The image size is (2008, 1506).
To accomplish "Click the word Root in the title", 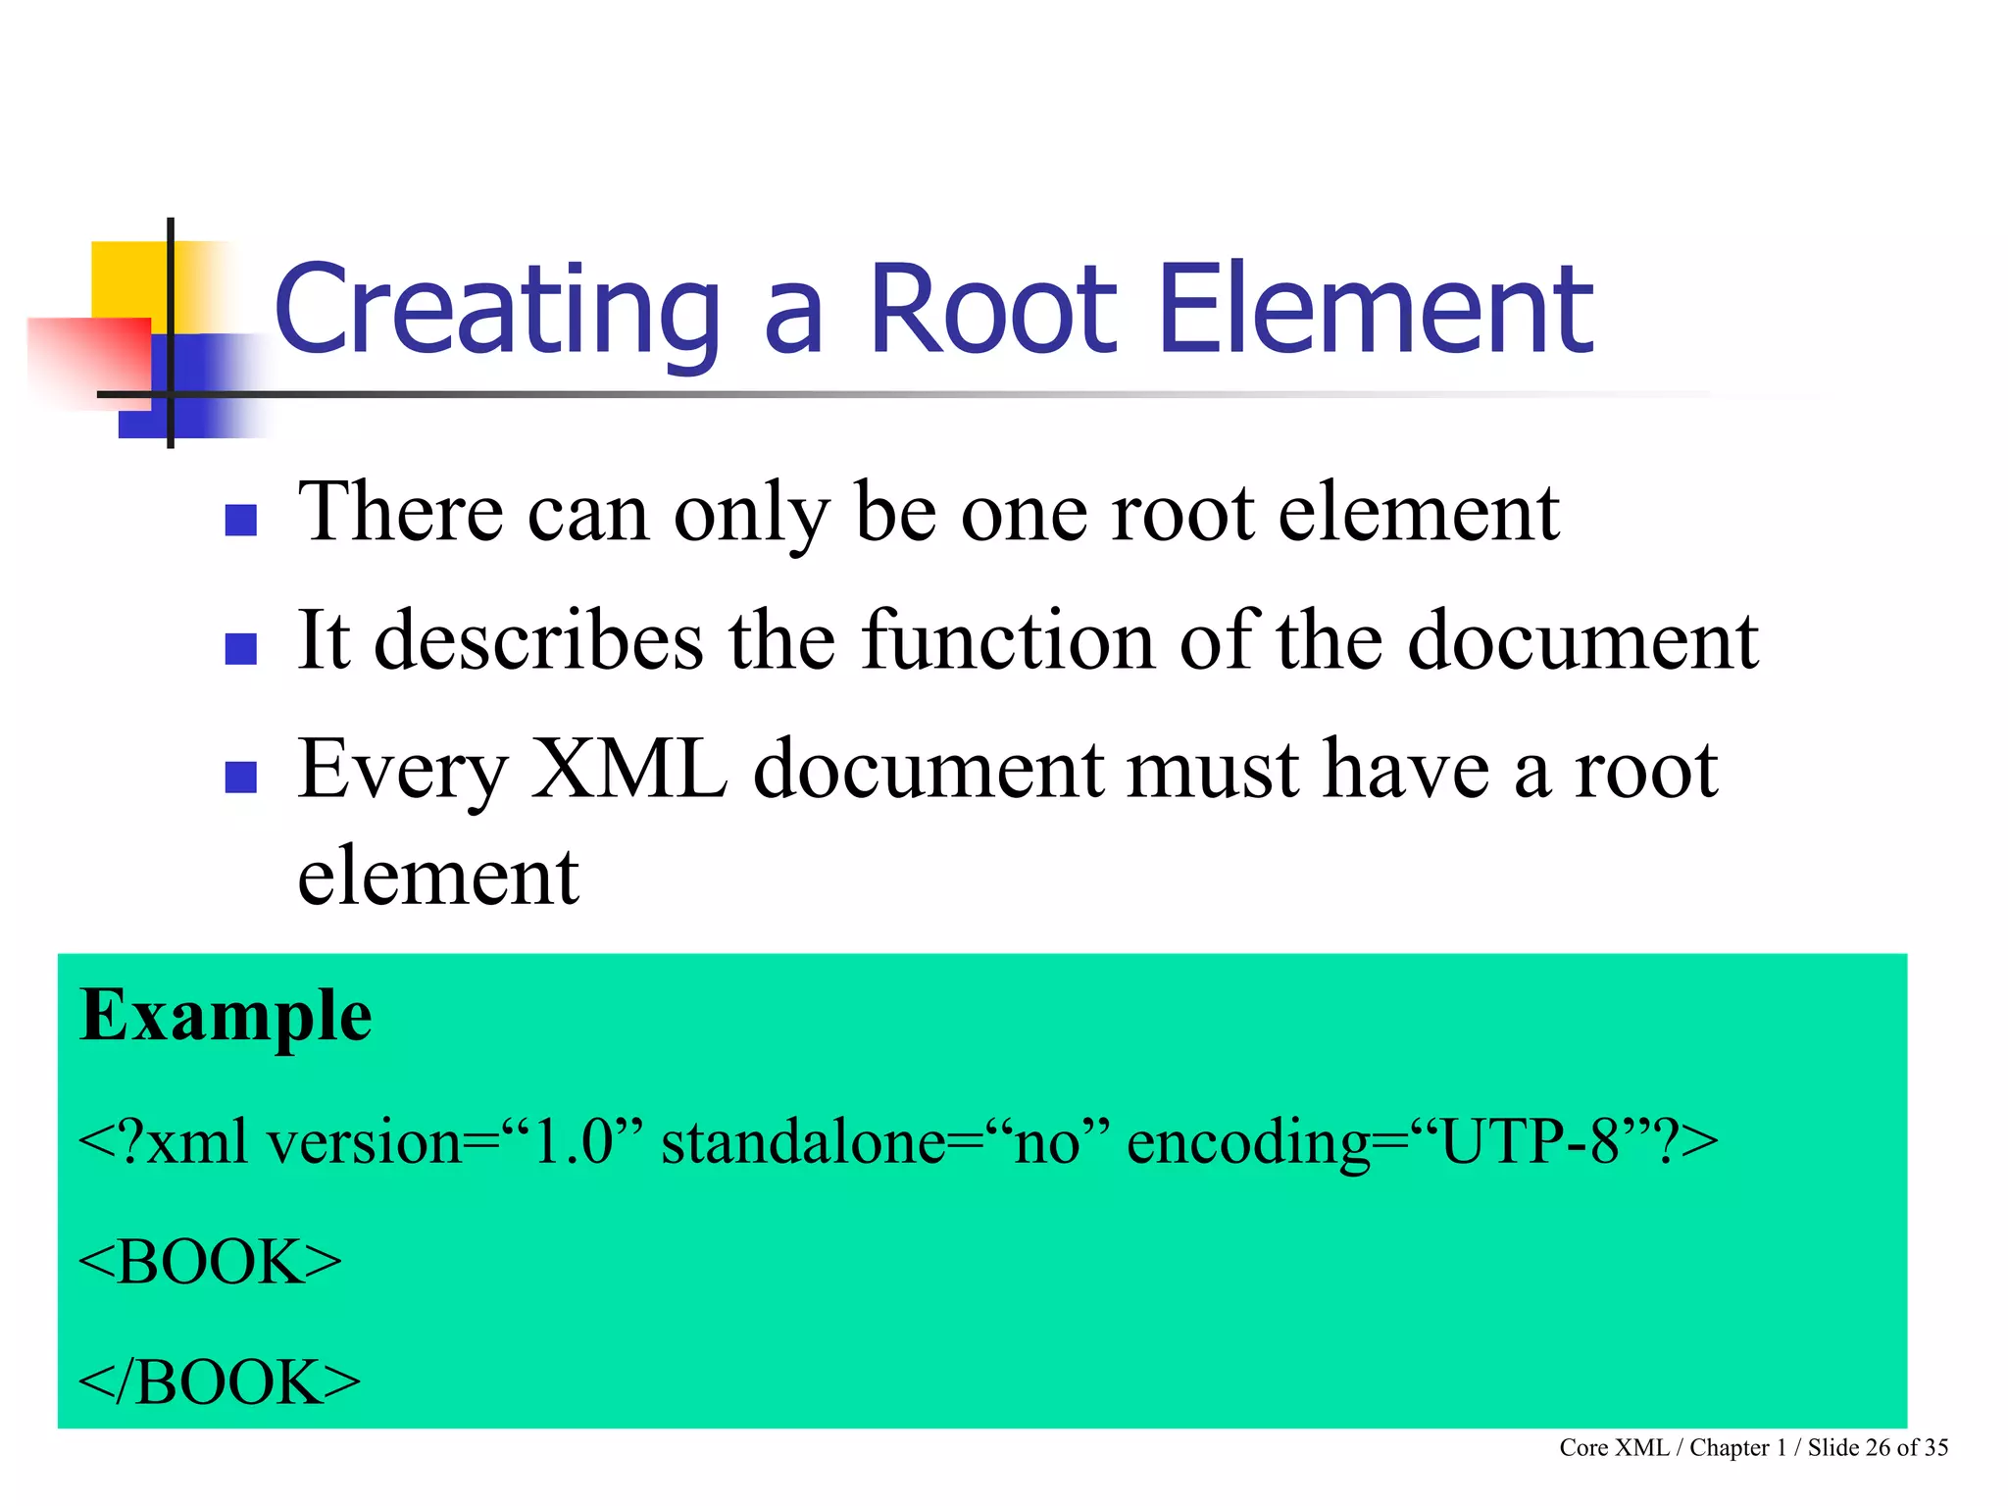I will click(992, 312).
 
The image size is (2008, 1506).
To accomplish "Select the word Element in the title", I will click(1377, 312).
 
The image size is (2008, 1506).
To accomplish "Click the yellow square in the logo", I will click(127, 278).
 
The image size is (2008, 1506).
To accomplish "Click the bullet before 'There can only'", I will click(240, 520).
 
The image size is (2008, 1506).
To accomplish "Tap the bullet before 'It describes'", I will click(240, 649).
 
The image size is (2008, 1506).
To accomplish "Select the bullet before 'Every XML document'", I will click(240, 777).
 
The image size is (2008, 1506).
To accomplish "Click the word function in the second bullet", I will click(1008, 640).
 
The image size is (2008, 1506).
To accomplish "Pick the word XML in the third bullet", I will click(629, 770).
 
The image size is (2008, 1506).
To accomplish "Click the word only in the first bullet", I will click(751, 514).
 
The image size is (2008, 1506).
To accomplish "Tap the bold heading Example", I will click(226, 1016).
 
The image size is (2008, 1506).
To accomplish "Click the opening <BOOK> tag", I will click(210, 1263).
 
